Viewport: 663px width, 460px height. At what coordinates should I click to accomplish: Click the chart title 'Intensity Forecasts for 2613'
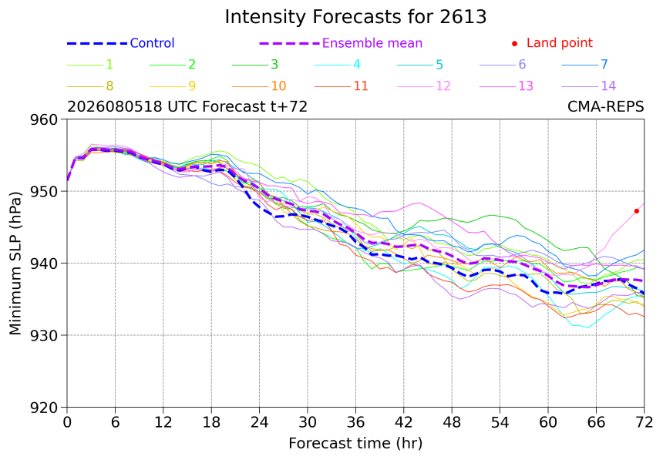pos(355,17)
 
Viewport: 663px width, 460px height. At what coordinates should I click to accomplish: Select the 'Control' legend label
pos(152,43)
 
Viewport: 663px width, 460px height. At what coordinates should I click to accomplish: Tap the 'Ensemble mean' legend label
pos(372,43)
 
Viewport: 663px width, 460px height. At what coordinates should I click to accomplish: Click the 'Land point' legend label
pos(560,42)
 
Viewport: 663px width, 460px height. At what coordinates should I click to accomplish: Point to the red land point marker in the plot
pos(636,211)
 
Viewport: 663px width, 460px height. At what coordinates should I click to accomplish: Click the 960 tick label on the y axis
pos(43,119)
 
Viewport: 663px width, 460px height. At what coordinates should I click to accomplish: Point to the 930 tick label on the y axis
pos(43,336)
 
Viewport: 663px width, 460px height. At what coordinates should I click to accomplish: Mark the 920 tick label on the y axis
pos(43,408)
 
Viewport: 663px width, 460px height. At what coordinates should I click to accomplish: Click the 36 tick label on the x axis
pos(355,422)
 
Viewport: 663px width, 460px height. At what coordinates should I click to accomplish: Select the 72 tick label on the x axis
pos(644,422)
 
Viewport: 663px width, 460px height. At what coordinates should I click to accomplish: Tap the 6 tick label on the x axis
pos(115,422)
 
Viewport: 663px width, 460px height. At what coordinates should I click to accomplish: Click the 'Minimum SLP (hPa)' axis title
pos(15,264)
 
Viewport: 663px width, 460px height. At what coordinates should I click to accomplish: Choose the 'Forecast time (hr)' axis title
pos(355,444)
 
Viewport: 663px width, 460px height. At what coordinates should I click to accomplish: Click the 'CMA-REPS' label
pos(605,106)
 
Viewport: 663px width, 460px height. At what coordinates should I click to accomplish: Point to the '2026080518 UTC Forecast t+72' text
pos(187,106)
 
